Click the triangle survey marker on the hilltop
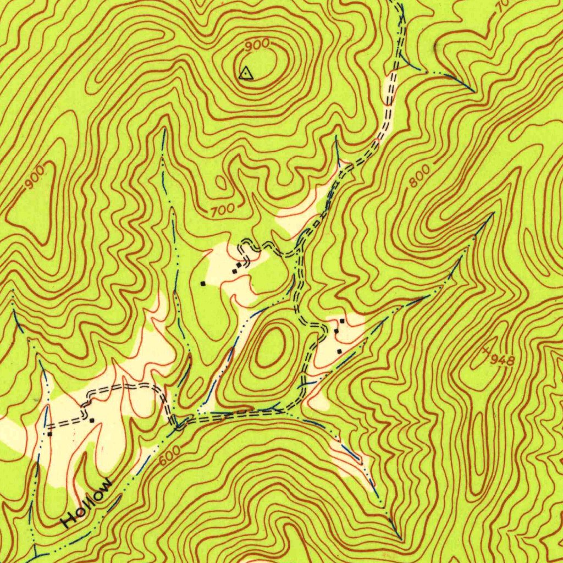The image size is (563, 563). click(246, 73)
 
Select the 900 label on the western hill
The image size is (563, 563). click(35, 179)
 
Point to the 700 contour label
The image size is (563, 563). click(223, 209)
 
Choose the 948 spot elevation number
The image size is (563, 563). click(502, 360)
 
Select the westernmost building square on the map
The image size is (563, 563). click(49, 434)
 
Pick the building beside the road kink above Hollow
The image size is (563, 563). click(91, 421)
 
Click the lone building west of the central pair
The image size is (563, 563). click(203, 283)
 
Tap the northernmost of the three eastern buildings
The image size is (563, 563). click(342, 321)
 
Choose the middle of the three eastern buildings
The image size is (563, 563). click(336, 332)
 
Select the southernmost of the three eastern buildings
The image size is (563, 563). click(339, 351)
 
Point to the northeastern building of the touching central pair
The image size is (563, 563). click(239, 266)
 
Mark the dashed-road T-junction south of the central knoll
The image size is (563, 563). click(301, 406)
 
